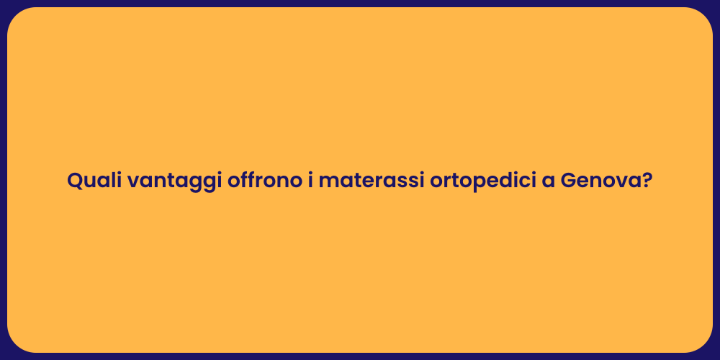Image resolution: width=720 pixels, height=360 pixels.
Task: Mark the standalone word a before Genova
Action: [x=547, y=181]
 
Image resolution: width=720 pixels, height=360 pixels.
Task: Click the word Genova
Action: [x=600, y=181]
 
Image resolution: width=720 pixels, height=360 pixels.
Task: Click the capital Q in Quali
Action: [x=75, y=181]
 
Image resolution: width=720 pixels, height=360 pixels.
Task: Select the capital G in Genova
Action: [x=569, y=181]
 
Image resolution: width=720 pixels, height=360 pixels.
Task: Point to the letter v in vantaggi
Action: [x=133, y=182]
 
